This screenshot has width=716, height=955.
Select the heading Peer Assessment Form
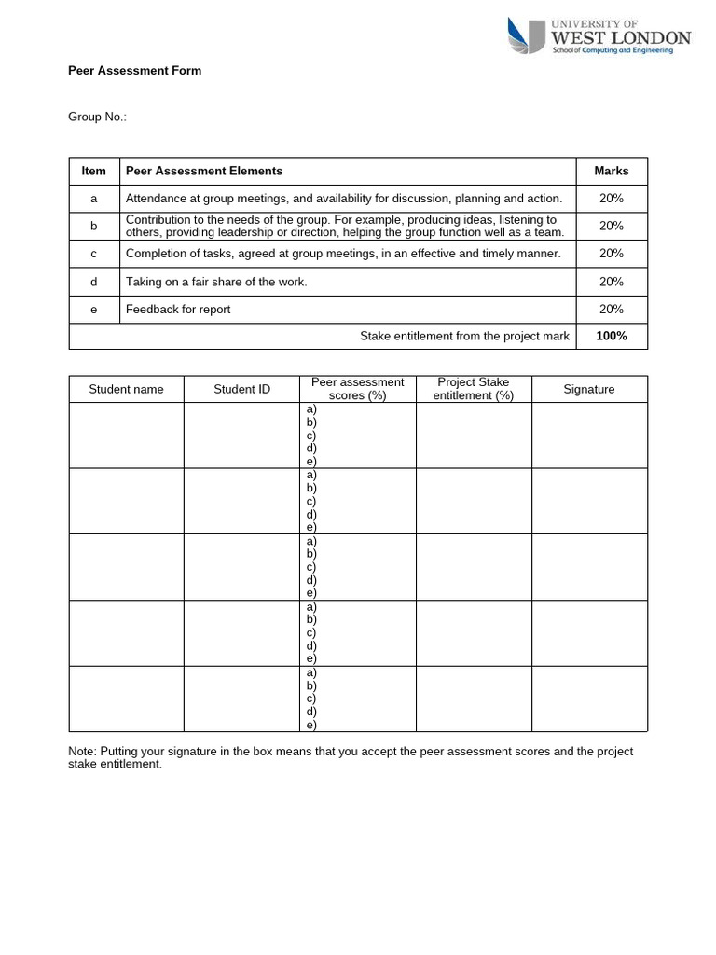(x=135, y=71)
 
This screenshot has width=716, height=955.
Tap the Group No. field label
(x=98, y=118)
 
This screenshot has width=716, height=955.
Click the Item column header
(x=94, y=172)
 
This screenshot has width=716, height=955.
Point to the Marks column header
(x=612, y=172)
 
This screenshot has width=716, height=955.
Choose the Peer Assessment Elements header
(x=204, y=172)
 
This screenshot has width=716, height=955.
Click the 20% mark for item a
(x=612, y=199)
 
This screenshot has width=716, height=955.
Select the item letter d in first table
(x=94, y=282)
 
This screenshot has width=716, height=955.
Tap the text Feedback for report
(x=178, y=310)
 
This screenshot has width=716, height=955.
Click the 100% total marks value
(x=612, y=337)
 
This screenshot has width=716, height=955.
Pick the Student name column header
(x=126, y=390)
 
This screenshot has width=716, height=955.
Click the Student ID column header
(x=241, y=390)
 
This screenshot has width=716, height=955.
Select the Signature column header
(x=589, y=390)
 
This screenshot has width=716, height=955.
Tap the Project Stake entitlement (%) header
(x=474, y=389)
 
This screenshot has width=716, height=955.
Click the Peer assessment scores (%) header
(x=358, y=389)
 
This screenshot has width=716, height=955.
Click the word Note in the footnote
(x=82, y=752)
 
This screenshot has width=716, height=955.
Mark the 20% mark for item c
(x=612, y=254)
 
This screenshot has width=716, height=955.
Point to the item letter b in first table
(x=94, y=226)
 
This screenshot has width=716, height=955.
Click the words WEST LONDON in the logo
(x=622, y=38)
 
